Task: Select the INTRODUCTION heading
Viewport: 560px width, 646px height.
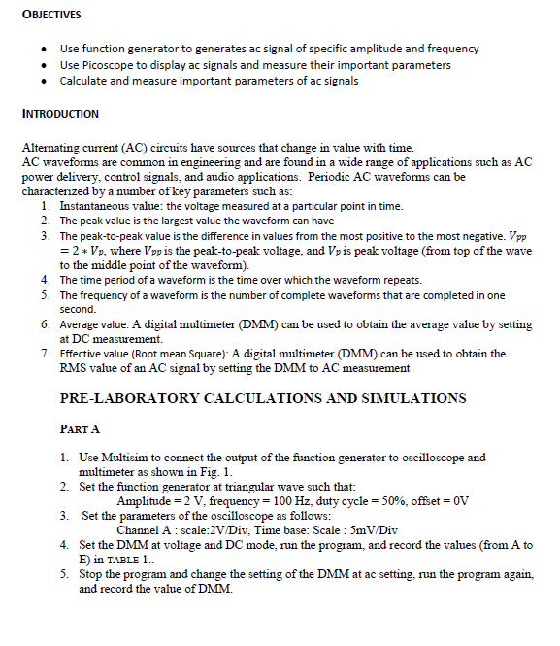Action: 60,114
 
